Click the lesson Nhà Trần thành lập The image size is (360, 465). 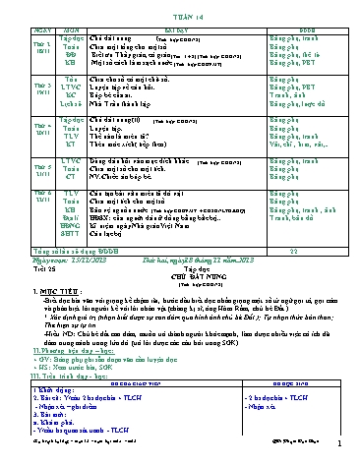(112, 102)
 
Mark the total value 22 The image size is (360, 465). (289, 249)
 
